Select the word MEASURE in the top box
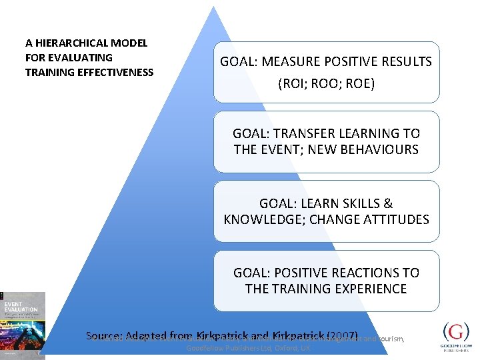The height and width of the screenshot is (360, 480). coord(290,62)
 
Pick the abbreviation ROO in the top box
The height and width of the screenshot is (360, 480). coord(325,84)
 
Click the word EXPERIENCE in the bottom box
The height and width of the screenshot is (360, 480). coord(371,289)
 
